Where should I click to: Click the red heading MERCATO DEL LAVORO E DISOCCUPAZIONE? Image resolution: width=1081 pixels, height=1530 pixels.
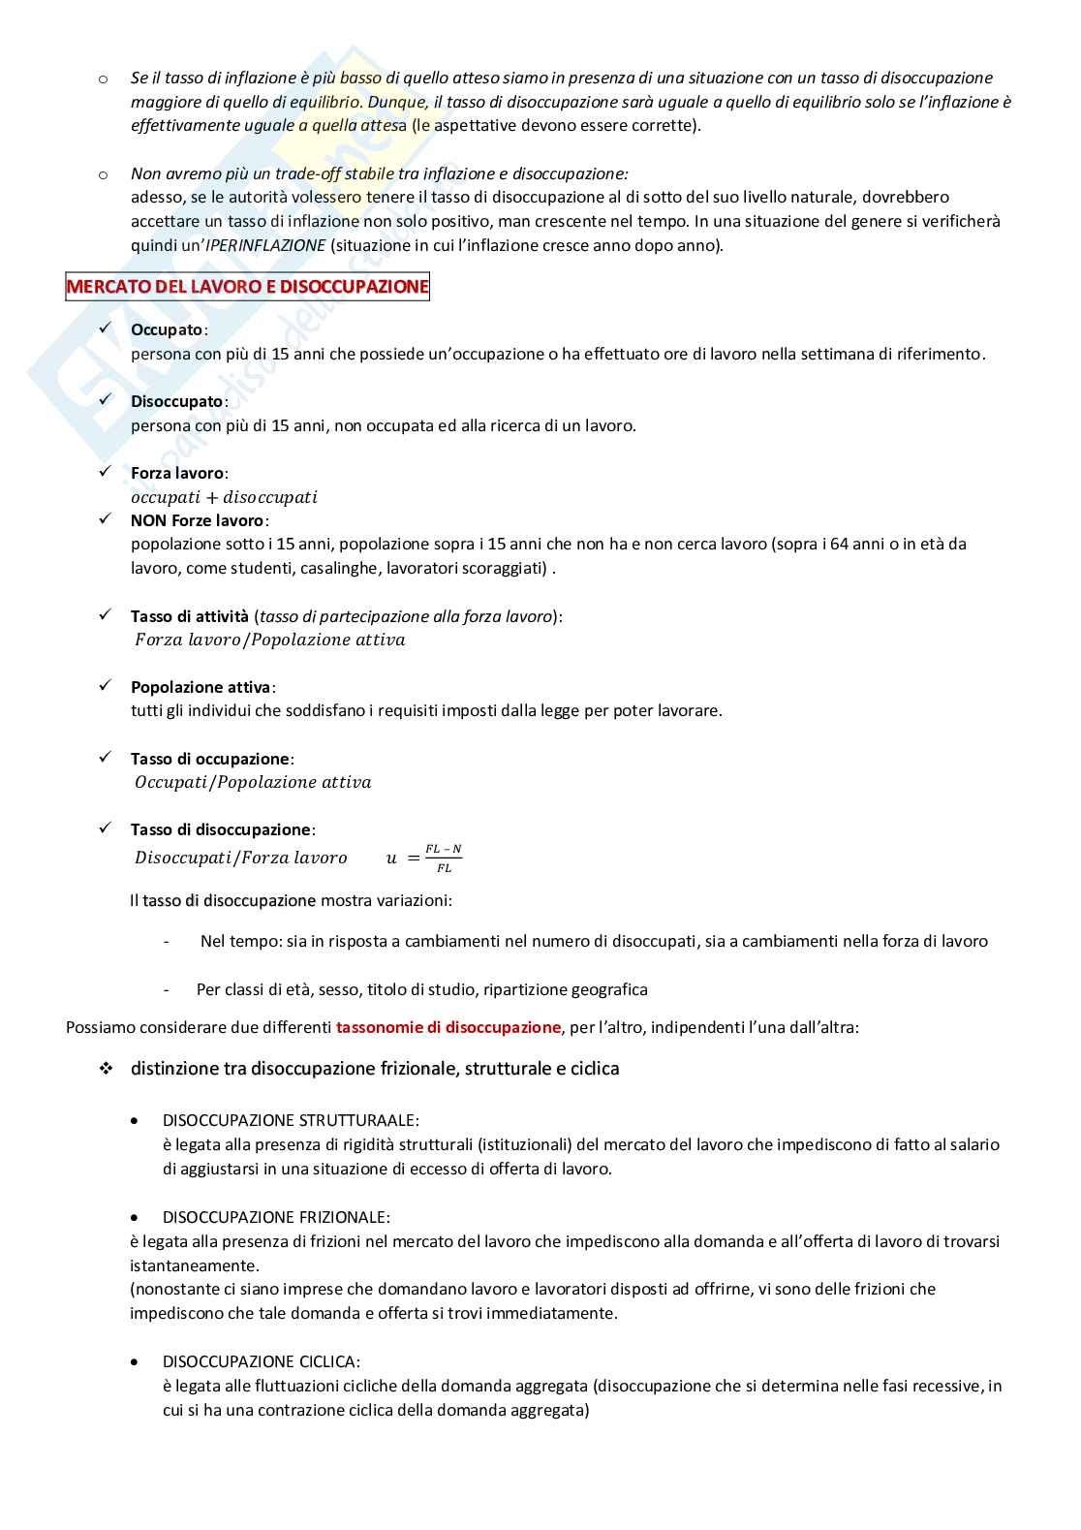click(x=247, y=287)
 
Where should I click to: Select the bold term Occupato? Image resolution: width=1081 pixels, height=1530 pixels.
click(x=167, y=329)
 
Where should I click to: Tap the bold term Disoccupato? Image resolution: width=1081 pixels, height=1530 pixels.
click(x=177, y=401)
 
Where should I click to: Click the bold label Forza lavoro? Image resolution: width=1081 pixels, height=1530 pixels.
click(x=177, y=473)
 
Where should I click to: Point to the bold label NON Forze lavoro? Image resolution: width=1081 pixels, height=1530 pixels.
click(x=198, y=520)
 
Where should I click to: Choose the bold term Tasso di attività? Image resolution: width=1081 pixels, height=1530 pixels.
click(x=190, y=616)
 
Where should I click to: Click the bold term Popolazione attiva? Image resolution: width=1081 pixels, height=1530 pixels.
click(x=201, y=687)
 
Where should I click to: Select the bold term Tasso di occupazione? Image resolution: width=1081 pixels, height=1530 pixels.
click(x=210, y=759)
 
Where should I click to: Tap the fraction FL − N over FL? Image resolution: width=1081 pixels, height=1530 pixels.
click(x=444, y=859)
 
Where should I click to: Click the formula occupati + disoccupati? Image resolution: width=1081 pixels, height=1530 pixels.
click(x=224, y=497)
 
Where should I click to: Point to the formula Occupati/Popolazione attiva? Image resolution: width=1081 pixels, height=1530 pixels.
click(x=253, y=782)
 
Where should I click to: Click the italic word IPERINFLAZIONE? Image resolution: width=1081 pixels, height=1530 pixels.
click(x=266, y=245)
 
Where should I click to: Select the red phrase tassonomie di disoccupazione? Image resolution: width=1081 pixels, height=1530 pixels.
click(x=448, y=1027)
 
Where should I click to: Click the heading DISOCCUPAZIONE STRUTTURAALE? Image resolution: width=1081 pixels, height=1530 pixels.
click(x=291, y=1120)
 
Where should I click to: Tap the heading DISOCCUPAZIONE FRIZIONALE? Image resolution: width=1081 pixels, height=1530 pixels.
click(x=276, y=1217)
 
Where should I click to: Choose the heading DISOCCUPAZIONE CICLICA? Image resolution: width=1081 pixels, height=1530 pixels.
click(x=262, y=1361)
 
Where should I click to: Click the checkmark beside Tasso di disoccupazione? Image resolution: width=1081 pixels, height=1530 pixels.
click(x=106, y=828)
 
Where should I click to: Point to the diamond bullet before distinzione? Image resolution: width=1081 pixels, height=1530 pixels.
click(x=106, y=1069)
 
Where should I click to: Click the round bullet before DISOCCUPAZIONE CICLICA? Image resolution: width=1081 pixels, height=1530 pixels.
click(x=135, y=1361)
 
